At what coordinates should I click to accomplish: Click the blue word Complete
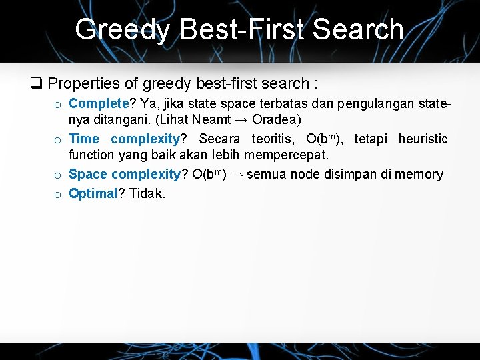(98, 103)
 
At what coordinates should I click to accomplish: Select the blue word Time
(84, 139)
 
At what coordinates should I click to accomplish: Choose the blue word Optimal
(93, 194)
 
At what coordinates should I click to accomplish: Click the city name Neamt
(213, 121)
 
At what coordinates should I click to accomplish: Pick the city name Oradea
(276, 121)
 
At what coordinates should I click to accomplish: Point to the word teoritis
(273, 139)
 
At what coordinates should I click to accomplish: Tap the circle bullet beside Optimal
(59, 195)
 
